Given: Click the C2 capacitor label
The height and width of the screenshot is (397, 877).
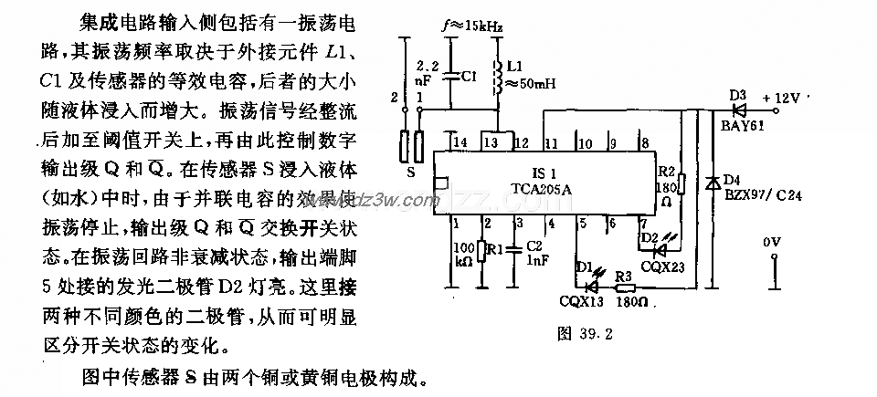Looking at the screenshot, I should pyautogui.click(x=536, y=246).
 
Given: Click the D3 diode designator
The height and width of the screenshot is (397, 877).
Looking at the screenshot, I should pyautogui.click(x=738, y=93).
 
